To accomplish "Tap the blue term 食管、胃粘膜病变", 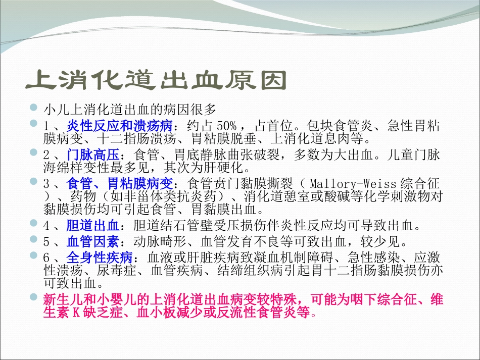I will pos(120,183).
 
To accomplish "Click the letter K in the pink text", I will pos(77,313).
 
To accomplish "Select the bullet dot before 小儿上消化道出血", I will pos(33,107).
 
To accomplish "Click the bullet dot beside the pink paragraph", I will pos(33,298).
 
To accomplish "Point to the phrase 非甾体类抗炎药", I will pos(151,195).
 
